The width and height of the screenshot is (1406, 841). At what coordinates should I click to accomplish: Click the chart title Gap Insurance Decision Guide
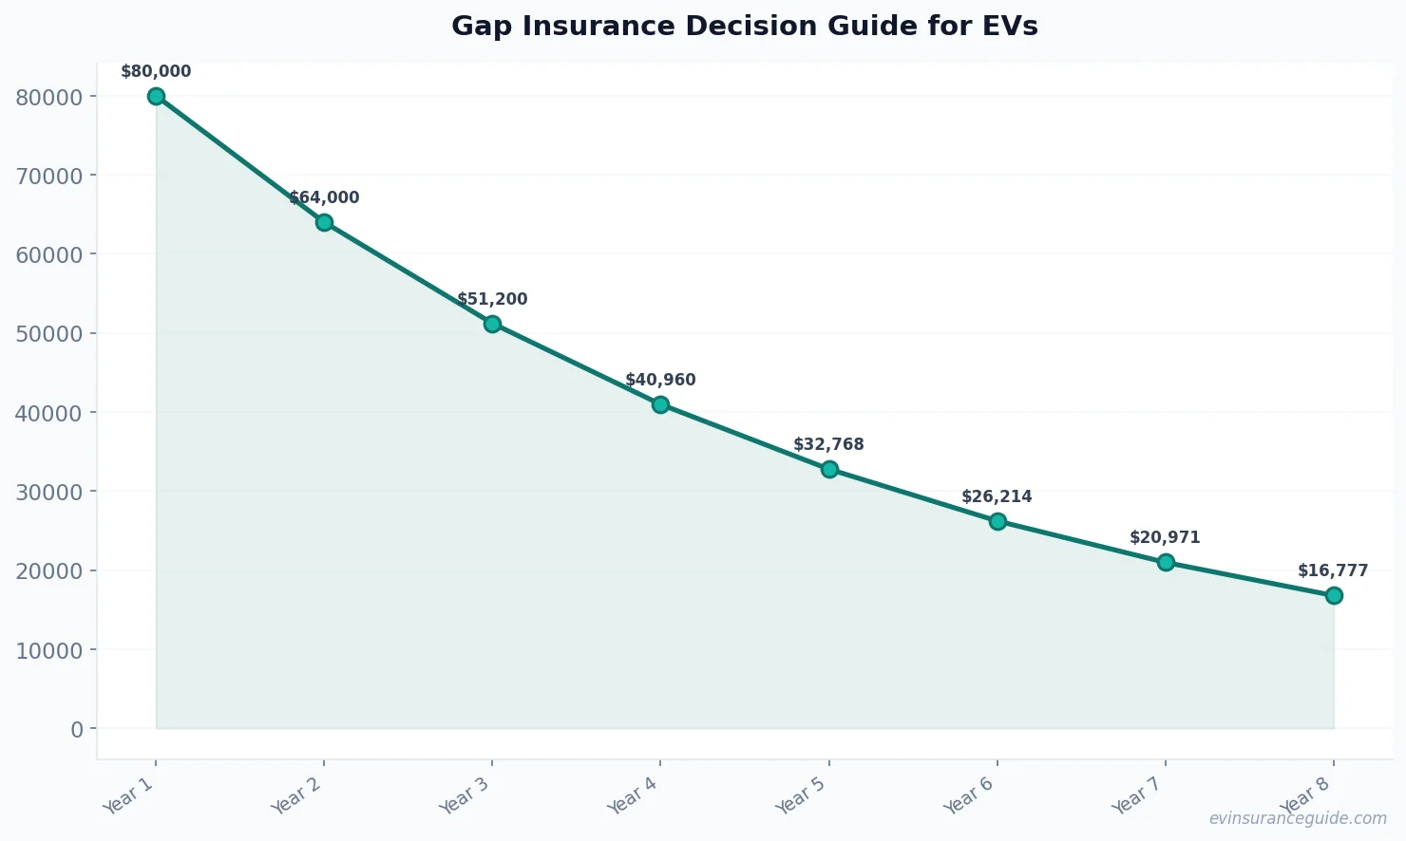pos(744,26)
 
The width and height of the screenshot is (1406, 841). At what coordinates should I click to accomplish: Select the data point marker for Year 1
pos(156,96)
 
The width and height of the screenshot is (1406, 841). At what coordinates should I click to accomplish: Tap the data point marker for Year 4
pos(660,404)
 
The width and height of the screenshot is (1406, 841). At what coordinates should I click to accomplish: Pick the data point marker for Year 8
pos(1334,595)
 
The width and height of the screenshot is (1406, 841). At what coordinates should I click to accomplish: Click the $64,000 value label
pos(324,198)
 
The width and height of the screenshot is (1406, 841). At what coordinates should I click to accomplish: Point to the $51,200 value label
pos(492,300)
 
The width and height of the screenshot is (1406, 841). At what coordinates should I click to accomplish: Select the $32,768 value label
pos(828,445)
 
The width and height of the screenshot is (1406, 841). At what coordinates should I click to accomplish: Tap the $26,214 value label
pos(997,497)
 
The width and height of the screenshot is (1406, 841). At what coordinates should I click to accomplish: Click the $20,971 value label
pos(1165,538)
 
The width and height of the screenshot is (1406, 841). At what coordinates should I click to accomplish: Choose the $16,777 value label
pos(1333,571)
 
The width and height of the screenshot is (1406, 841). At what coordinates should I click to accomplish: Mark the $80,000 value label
pos(156,72)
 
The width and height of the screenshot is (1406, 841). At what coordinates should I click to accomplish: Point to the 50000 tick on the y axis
pos(49,333)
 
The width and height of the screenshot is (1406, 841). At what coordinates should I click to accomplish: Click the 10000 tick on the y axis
pos(49,650)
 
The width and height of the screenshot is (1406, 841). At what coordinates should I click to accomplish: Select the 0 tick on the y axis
pos(77,729)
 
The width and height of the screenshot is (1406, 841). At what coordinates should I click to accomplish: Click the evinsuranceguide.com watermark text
pos(1298,818)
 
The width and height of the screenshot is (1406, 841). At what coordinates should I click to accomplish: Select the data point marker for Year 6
pos(997,521)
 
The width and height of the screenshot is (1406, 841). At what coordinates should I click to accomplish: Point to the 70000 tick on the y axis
pos(49,176)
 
